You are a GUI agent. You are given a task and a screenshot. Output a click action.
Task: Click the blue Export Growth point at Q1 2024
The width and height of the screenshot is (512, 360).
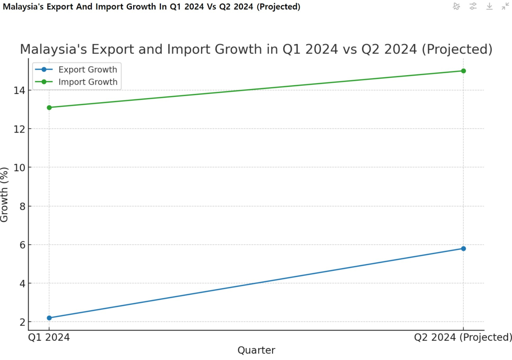pos(49,318)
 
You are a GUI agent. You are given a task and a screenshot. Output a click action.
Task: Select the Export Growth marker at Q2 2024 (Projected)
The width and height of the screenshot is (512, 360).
pos(463,249)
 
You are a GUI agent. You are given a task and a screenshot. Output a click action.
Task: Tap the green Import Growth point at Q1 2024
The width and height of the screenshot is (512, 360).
pos(49,108)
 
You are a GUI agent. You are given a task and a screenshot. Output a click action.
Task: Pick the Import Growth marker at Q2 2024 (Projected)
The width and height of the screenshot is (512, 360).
pos(463,71)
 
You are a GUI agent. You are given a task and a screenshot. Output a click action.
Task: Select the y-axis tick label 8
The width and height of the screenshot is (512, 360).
pos(20,206)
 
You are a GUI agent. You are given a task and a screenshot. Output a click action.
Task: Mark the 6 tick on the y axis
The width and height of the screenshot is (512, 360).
pos(20,245)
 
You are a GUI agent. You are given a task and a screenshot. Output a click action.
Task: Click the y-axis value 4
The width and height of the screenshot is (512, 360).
pos(20,283)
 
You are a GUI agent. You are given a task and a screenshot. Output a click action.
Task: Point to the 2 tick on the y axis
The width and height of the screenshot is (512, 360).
pos(20,322)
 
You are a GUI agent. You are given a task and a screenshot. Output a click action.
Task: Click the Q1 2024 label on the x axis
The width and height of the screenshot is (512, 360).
pos(49,337)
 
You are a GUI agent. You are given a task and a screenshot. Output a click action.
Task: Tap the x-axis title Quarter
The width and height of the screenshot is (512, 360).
pos(256,351)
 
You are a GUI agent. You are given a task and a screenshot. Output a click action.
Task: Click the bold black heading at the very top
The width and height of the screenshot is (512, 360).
pos(151,7)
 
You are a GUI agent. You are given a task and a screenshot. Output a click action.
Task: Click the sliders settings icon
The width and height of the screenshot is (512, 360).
pos(473,6)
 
